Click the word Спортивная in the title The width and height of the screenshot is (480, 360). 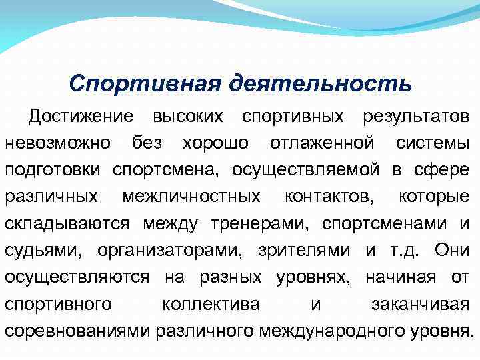(x=145, y=85)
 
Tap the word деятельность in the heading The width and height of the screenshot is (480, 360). (x=321, y=85)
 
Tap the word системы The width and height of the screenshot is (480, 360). (x=432, y=143)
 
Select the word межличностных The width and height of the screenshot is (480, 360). (x=192, y=197)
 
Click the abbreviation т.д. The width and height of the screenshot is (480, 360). (x=399, y=251)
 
